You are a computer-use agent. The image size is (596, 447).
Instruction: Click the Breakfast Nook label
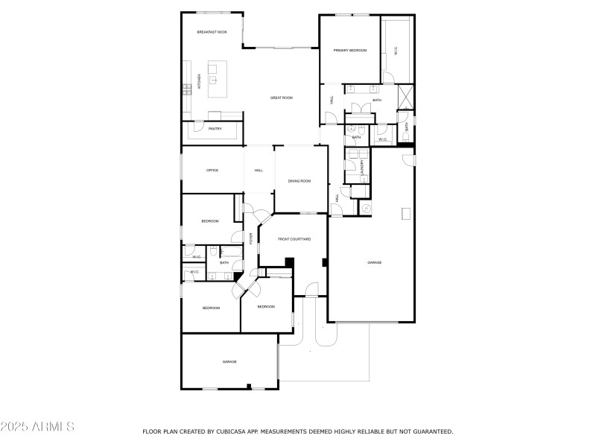212,32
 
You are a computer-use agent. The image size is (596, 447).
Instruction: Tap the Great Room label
281,98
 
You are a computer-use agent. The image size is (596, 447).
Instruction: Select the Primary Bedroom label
350,50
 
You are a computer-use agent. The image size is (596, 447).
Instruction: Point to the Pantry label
215,129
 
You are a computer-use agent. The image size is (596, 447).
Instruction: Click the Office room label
212,171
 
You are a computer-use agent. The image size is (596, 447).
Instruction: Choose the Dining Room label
299,181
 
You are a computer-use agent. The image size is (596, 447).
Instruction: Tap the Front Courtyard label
294,239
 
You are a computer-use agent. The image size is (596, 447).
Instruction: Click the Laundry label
363,168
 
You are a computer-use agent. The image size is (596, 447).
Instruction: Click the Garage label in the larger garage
374,262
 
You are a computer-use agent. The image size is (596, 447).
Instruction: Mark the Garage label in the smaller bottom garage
229,361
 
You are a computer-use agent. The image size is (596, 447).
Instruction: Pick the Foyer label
251,238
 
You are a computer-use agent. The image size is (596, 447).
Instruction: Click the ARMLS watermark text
37,427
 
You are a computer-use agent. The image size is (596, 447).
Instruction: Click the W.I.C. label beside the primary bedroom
395,51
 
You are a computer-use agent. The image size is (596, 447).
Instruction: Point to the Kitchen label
199,82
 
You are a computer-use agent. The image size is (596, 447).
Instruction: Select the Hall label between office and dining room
259,171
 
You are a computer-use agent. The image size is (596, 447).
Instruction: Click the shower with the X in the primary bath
405,96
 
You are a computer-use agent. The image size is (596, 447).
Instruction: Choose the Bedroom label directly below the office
210,221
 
